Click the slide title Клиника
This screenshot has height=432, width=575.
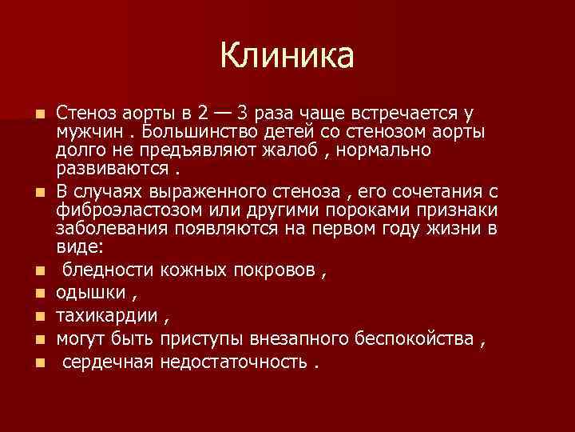tap(287, 55)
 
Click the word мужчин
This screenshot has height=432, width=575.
tap(89, 130)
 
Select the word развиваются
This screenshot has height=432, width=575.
tap(113, 169)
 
